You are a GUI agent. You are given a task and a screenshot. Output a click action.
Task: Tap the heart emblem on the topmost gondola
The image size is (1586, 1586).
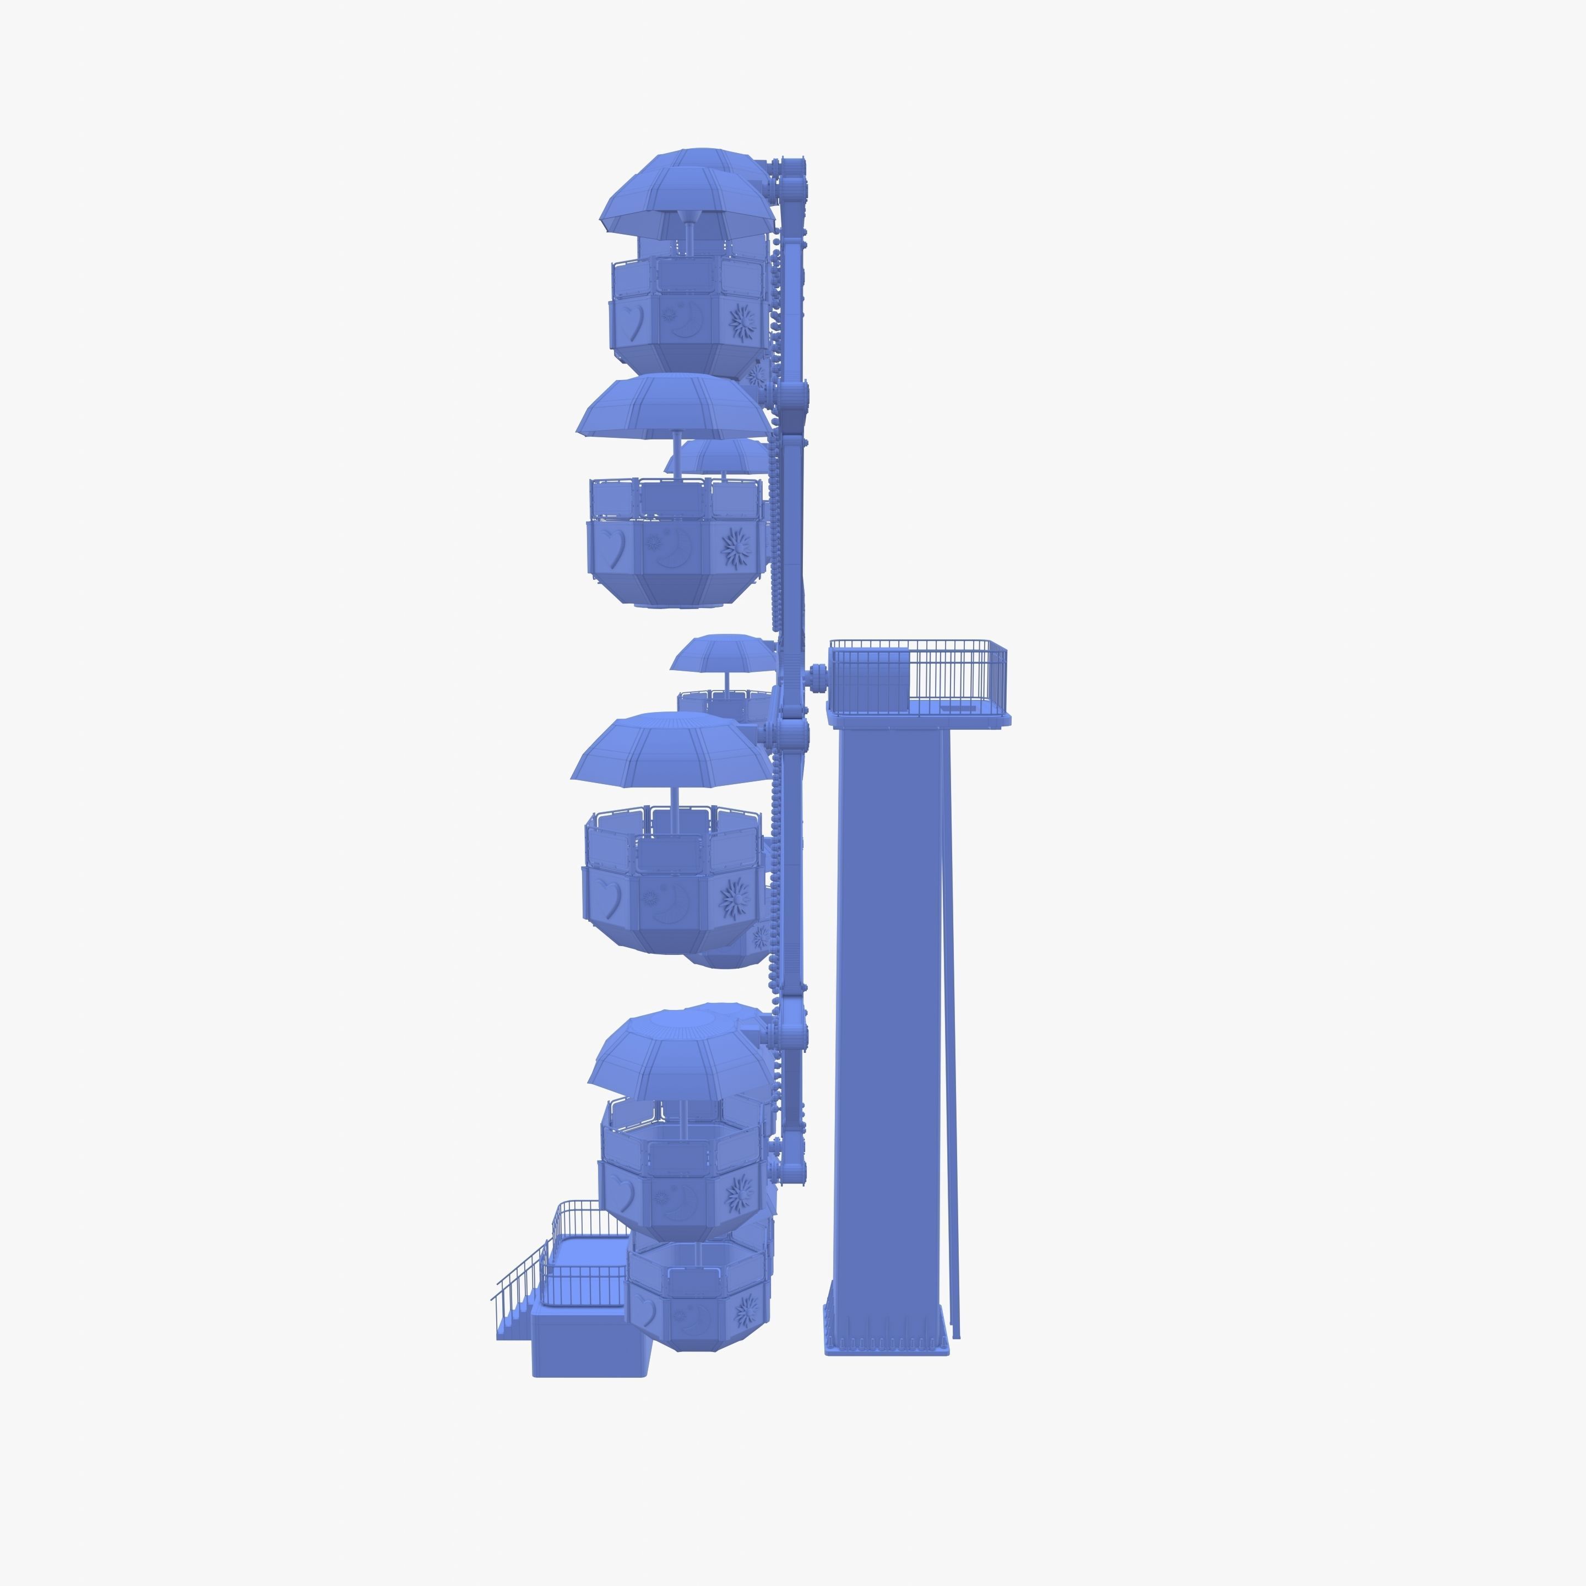(634, 321)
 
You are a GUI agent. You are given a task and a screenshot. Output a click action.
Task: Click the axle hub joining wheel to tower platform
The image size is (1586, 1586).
(817, 678)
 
